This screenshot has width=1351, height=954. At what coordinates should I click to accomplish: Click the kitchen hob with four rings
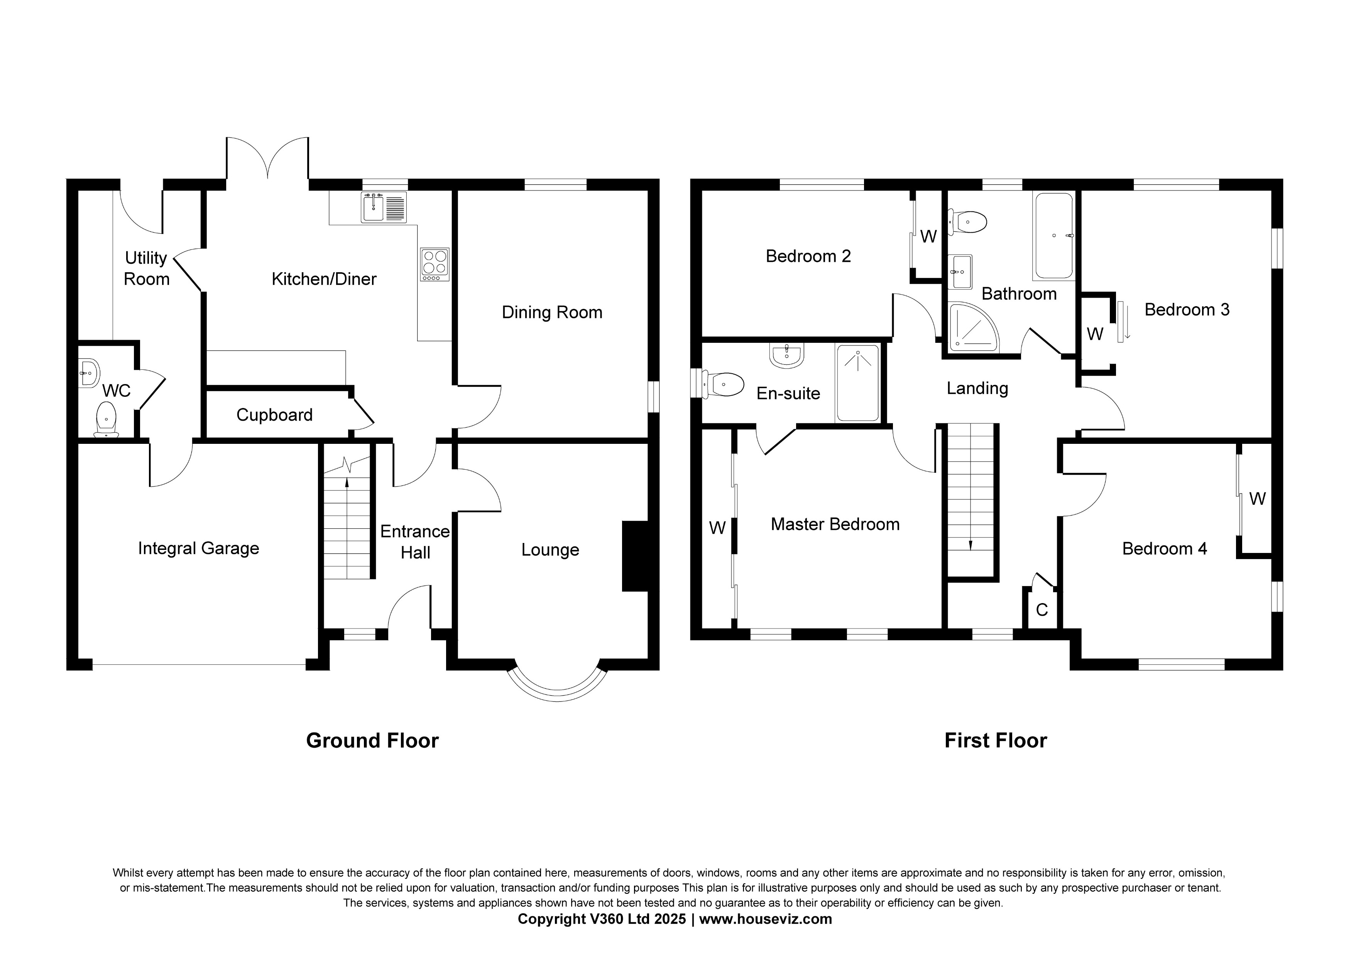tap(435, 265)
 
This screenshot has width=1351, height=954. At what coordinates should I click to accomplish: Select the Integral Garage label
tap(198, 549)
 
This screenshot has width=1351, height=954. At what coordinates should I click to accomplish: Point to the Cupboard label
tap(274, 415)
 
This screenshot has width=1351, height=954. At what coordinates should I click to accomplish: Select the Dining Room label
tap(551, 312)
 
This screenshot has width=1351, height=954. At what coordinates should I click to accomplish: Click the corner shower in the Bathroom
tap(971, 328)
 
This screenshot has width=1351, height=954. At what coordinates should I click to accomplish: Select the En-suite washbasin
tap(786, 356)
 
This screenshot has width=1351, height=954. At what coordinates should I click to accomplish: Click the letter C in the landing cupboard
tap(1042, 610)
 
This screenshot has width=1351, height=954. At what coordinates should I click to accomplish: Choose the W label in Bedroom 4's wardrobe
tap(1258, 499)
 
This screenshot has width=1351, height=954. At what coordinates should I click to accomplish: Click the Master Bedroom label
tap(835, 525)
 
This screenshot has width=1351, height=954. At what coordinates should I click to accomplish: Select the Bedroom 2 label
tap(808, 256)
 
